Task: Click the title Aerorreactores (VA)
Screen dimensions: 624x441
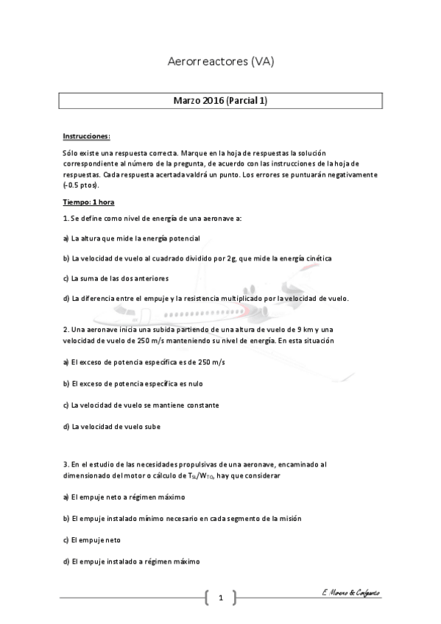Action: [221, 63]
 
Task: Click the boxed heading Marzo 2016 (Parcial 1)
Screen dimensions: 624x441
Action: [221, 101]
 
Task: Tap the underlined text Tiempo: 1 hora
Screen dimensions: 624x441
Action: [88, 202]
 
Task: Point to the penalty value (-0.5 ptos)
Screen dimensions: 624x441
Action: [82, 186]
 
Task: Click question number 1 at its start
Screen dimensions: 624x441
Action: [66, 219]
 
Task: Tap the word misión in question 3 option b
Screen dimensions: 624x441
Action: [287, 518]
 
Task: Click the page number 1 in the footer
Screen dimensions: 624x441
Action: [220, 598]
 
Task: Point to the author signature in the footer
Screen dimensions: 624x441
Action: [350, 593]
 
